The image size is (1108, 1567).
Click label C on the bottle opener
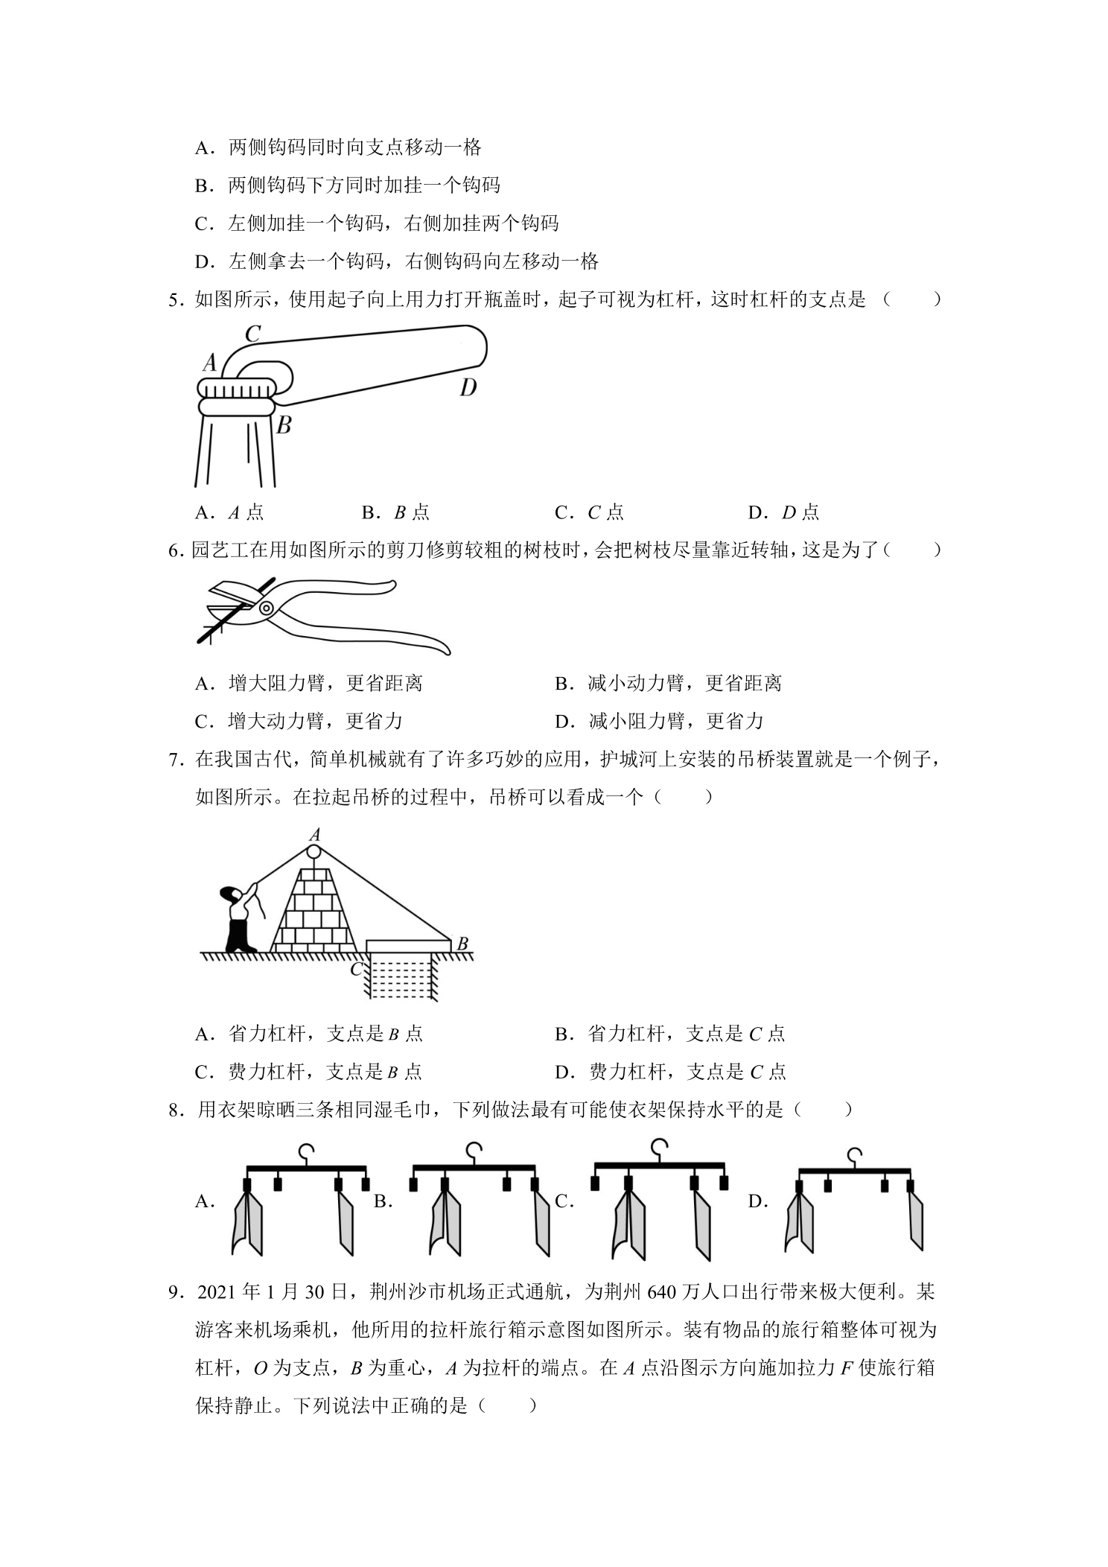[x=253, y=334]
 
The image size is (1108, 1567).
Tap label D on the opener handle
[x=468, y=387]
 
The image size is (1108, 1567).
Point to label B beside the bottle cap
[x=284, y=425]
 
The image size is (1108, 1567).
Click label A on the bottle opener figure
[x=210, y=363]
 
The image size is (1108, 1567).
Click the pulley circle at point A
[x=313, y=851]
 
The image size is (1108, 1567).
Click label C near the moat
[x=357, y=968]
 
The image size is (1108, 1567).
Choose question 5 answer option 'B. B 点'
[x=395, y=512]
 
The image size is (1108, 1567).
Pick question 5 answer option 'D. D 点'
[x=783, y=512]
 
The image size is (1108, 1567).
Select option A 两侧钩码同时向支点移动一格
[x=338, y=147]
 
